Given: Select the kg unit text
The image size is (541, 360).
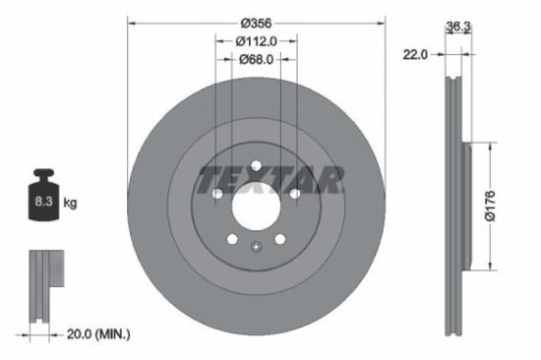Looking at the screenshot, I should [71, 203].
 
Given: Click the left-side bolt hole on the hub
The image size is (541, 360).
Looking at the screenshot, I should [217, 194].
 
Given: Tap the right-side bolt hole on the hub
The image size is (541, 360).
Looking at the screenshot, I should [293, 194].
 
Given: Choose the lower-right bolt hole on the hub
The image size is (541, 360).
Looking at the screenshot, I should [279, 238].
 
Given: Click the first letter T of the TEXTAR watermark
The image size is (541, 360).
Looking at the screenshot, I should [210, 180].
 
